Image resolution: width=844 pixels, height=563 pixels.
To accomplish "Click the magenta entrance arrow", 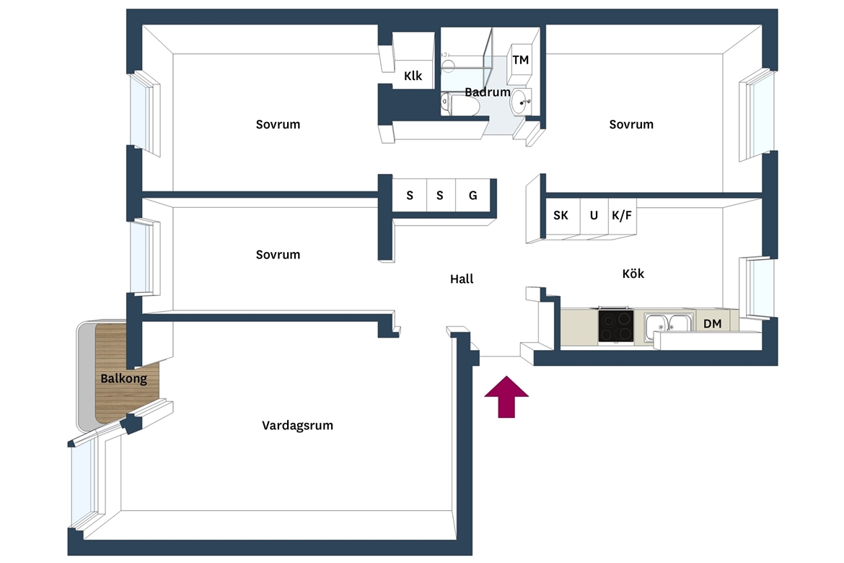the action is [506, 397].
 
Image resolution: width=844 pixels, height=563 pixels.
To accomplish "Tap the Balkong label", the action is [124, 378].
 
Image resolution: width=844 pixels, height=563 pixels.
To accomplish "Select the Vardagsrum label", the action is [297, 426].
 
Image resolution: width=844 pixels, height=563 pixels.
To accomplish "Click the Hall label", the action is [462, 279].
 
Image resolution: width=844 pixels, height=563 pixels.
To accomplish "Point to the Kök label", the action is [633, 274].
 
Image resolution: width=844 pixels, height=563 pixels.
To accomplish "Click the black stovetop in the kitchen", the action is [616, 326].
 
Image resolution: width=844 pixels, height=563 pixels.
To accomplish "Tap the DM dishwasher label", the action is [712, 324].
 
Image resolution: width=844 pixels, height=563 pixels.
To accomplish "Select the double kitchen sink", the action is [668, 324].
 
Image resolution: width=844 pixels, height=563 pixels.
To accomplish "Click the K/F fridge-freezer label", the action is [622, 216].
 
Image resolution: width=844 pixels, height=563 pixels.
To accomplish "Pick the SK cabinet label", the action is [561, 216].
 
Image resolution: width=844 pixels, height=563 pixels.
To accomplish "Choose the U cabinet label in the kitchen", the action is [594, 216].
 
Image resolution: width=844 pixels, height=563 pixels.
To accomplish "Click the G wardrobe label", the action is [472, 196].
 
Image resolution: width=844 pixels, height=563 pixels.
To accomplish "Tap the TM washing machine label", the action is [521, 60].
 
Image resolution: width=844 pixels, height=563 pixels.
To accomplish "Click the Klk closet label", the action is [413, 76].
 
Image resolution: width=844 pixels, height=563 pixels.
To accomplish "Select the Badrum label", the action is [488, 92].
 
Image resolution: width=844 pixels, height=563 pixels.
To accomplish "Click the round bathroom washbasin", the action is [519, 102].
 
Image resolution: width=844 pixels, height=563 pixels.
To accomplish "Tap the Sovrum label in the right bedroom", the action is [631, 124].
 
